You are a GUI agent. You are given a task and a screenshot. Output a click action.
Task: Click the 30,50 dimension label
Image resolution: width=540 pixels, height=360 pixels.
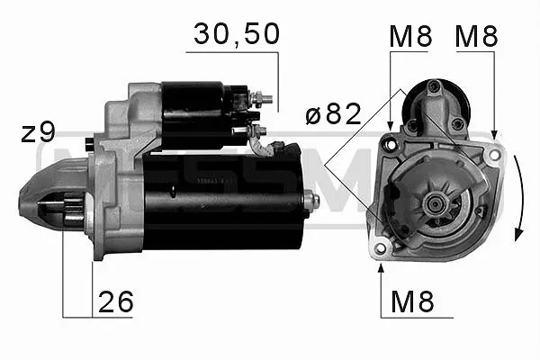coord(237,34)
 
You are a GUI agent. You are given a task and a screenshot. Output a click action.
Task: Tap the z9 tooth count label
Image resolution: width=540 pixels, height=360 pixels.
coord(38,132)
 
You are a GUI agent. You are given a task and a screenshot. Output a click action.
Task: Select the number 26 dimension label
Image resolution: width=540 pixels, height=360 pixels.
coord(116,301)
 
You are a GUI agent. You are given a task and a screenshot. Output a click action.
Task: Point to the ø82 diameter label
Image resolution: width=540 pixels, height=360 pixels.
coord(333,114)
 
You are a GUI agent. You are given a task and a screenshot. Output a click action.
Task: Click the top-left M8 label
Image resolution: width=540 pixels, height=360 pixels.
coord(410,36)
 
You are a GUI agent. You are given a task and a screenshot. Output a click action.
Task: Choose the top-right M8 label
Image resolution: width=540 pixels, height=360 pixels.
coord(477,36)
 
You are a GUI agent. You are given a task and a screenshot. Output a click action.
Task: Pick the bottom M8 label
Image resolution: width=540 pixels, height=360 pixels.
coord(412,301)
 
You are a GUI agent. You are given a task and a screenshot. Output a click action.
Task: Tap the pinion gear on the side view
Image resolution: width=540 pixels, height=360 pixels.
coord(74,210)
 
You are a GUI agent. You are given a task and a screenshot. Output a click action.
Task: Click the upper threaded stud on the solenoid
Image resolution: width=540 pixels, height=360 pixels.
coord(262,98)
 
